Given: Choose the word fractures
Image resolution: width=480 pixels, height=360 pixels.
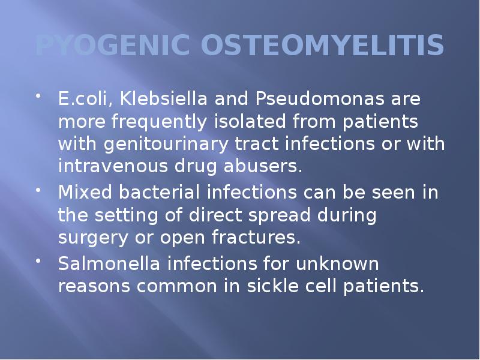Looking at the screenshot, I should click(256, 238).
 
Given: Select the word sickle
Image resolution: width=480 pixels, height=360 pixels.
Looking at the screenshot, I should click(275, 286).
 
